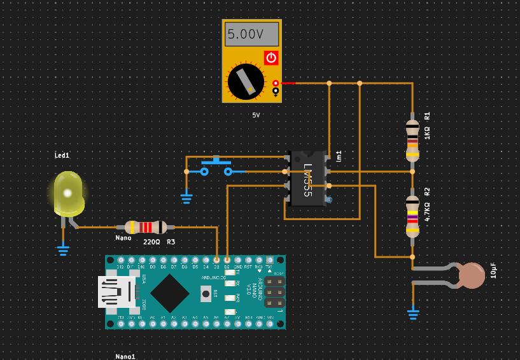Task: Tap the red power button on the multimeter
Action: [x=271, y=58]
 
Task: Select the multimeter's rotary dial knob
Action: [x=245, y=81]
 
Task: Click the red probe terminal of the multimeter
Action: [x=276, y=83]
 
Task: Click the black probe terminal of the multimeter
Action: [x=276, y=91]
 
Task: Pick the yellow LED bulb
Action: [x=68, y=192]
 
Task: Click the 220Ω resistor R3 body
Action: [x=146, y=227]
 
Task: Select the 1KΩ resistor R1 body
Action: [x=412, y=140]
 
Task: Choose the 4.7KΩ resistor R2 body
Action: [x=412, y=216]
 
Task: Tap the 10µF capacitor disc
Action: [x=472, y=275]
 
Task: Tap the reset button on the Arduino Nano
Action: [x=206, y=294]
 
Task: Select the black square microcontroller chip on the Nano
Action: [x=169, y=293]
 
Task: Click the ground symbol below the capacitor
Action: [x=413, y=313]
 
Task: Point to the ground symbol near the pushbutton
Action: [x=186, y=198]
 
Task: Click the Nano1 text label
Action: [x=125, y=356]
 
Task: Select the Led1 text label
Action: [x=62, y=155]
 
